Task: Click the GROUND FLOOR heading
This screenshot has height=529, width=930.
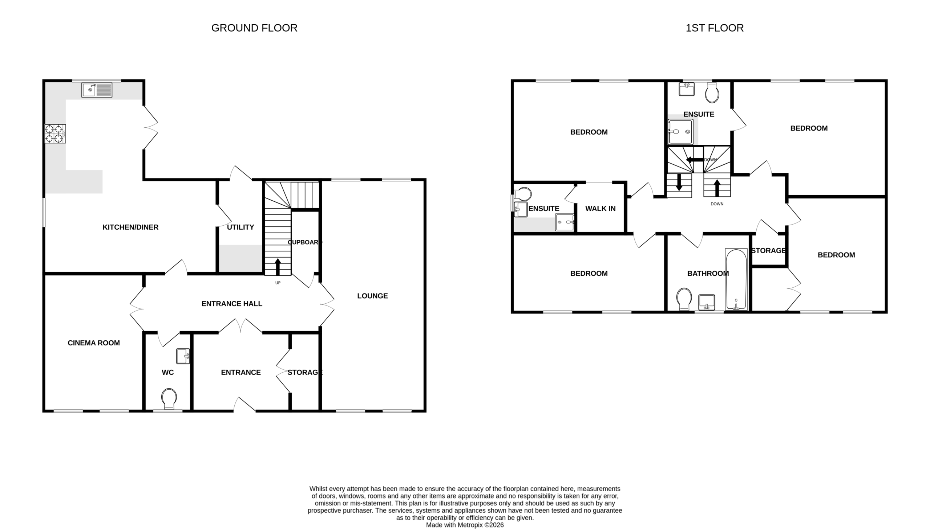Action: [254, 28]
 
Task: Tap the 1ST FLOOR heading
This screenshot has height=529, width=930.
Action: [714, 28]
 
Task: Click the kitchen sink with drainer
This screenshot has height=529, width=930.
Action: [97, 90]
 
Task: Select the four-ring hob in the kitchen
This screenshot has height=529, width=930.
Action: [55, 134]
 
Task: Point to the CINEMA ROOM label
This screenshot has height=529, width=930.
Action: [94, 343]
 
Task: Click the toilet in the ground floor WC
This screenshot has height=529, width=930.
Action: [169, 399]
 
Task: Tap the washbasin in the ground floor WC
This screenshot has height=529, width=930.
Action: [183, 356]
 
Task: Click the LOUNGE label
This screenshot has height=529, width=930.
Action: [372, 296]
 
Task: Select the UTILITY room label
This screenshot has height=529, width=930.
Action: [240, 227]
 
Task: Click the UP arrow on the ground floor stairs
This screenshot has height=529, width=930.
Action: [278, 267]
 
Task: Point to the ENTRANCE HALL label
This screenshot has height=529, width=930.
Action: [232, 304]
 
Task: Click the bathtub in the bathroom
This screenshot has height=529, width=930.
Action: [736, 279]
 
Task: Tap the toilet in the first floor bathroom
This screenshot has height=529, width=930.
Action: [684, 299]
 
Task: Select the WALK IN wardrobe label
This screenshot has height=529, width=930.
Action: [601, 209]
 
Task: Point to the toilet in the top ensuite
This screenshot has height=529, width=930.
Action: [712, 93]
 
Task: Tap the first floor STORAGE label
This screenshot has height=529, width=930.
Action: [768, 251]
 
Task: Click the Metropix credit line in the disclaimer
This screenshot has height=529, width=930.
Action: [465, 525]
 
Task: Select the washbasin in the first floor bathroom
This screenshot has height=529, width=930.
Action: [707, 302]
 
